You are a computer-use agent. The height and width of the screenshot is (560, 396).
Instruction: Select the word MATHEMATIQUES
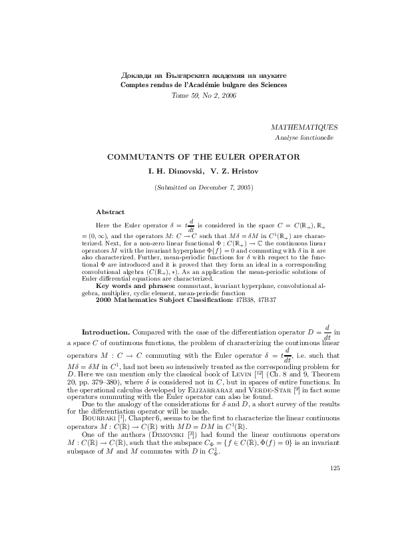305,126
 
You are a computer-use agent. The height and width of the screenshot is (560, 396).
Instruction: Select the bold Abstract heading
110,211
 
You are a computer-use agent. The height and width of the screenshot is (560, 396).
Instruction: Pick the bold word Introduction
105,331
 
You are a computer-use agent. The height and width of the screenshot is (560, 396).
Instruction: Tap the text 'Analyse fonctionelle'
304,138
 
